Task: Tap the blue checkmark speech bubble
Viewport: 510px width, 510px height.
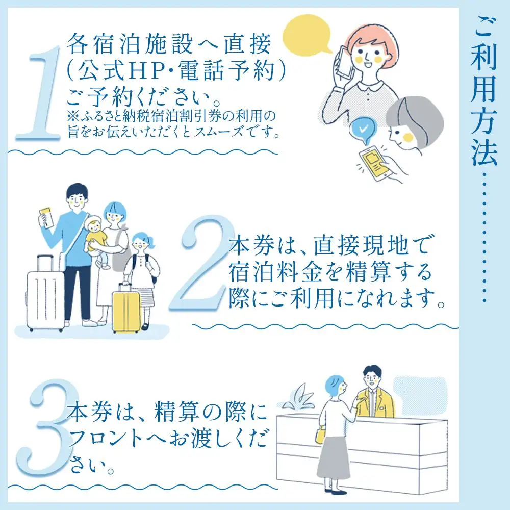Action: pos(363,131)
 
